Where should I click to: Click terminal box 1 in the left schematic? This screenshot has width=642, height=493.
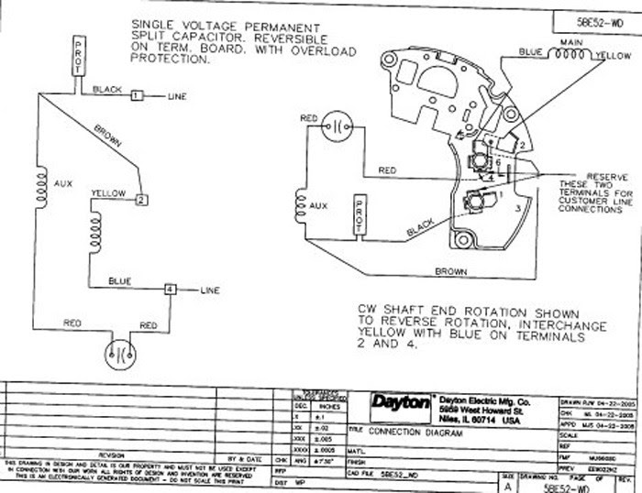pyautogui.click(x=137, y=95)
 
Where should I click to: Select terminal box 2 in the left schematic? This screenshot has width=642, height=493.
pyautogui.click(x=140, y=199)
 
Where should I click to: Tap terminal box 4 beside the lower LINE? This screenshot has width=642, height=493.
pyautogui.click(x=170, y=290)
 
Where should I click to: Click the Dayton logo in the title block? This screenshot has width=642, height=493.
pyautogui.click(x=401, y=402)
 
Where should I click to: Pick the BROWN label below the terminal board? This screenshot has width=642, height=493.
pyautogui.click(x=451, y=272)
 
